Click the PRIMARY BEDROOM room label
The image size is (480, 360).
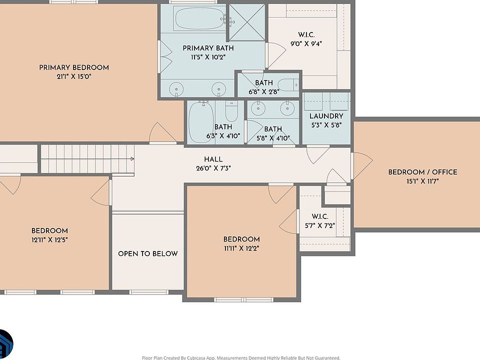pos(74,67)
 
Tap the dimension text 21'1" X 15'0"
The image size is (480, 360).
pos(74,76)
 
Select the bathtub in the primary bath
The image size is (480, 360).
pos(199,18)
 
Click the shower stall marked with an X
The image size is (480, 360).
pos(247,22)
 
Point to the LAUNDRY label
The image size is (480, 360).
pos(326,116)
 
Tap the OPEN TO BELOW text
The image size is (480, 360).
pos(148,253)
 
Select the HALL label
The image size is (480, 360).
pos(213,159)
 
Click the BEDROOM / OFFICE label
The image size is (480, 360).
pos(423,172)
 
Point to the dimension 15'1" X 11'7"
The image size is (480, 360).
pos(423,181)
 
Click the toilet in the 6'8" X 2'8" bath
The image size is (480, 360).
pos(288,85)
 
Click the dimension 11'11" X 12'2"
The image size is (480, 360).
pos(241,248)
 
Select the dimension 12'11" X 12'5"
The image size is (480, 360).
pos(49,239)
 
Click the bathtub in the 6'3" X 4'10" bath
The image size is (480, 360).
pos(201,122)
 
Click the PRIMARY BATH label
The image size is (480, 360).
pos(208,48)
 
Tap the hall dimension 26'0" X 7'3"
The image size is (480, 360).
pos(213,168)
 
